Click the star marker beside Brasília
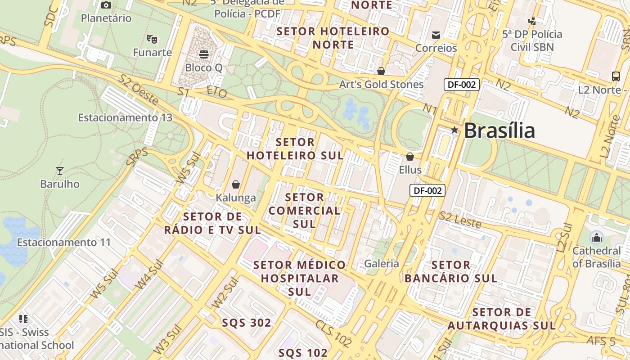click(455, 130)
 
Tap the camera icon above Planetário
click(106, 5)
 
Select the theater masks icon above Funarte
click(152, 39)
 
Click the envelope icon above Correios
click(436, 35)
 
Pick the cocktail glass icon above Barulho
click(59, 171)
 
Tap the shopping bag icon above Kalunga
click(235, 184)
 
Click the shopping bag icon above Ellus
click(410, 157)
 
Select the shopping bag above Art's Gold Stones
click(381, 71)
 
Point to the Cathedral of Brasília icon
click(597, 237)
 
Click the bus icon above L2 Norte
click(616, 76)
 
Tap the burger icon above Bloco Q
click(204, 54)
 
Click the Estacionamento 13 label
click(125, 117)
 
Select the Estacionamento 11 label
click(64, 242)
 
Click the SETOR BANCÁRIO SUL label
click(451, 271)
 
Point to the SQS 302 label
click(247, 323)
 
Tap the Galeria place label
click(382, 263)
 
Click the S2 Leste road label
click(460, 220)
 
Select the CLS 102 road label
click(333, 333)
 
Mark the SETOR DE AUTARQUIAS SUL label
click(502, 319)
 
